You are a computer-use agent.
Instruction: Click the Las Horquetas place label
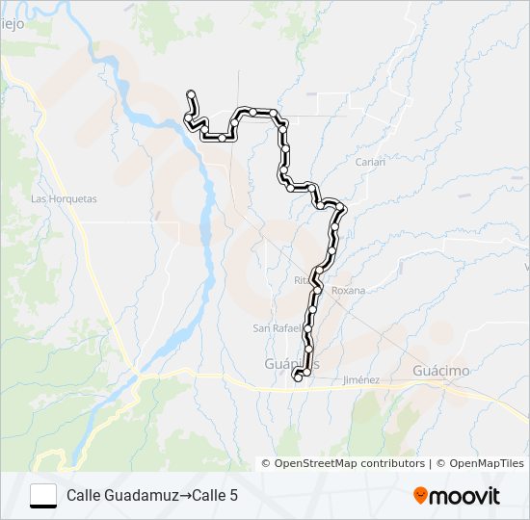click(x=64, y=199)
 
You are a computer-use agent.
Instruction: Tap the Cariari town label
click(x=370, y=162)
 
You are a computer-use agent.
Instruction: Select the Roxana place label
click(x=348, y=290)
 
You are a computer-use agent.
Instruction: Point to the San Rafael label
click(x=275, y=328)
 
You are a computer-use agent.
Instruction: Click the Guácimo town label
click(x=440, y=371)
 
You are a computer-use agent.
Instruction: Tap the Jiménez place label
click(x=361, y=380)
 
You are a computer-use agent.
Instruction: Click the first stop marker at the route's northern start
click(x=191, y=93)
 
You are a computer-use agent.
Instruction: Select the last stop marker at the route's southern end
click(x=298, y=377)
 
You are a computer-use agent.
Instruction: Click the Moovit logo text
click(x=465, y=496)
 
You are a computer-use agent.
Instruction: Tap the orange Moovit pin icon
click(x=421, y=495)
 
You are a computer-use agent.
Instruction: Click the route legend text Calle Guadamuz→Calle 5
click(x=152, y=496)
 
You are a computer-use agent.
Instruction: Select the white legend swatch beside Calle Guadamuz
click(x=43, y=495)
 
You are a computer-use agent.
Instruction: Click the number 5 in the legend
click(x=233, y=496)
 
